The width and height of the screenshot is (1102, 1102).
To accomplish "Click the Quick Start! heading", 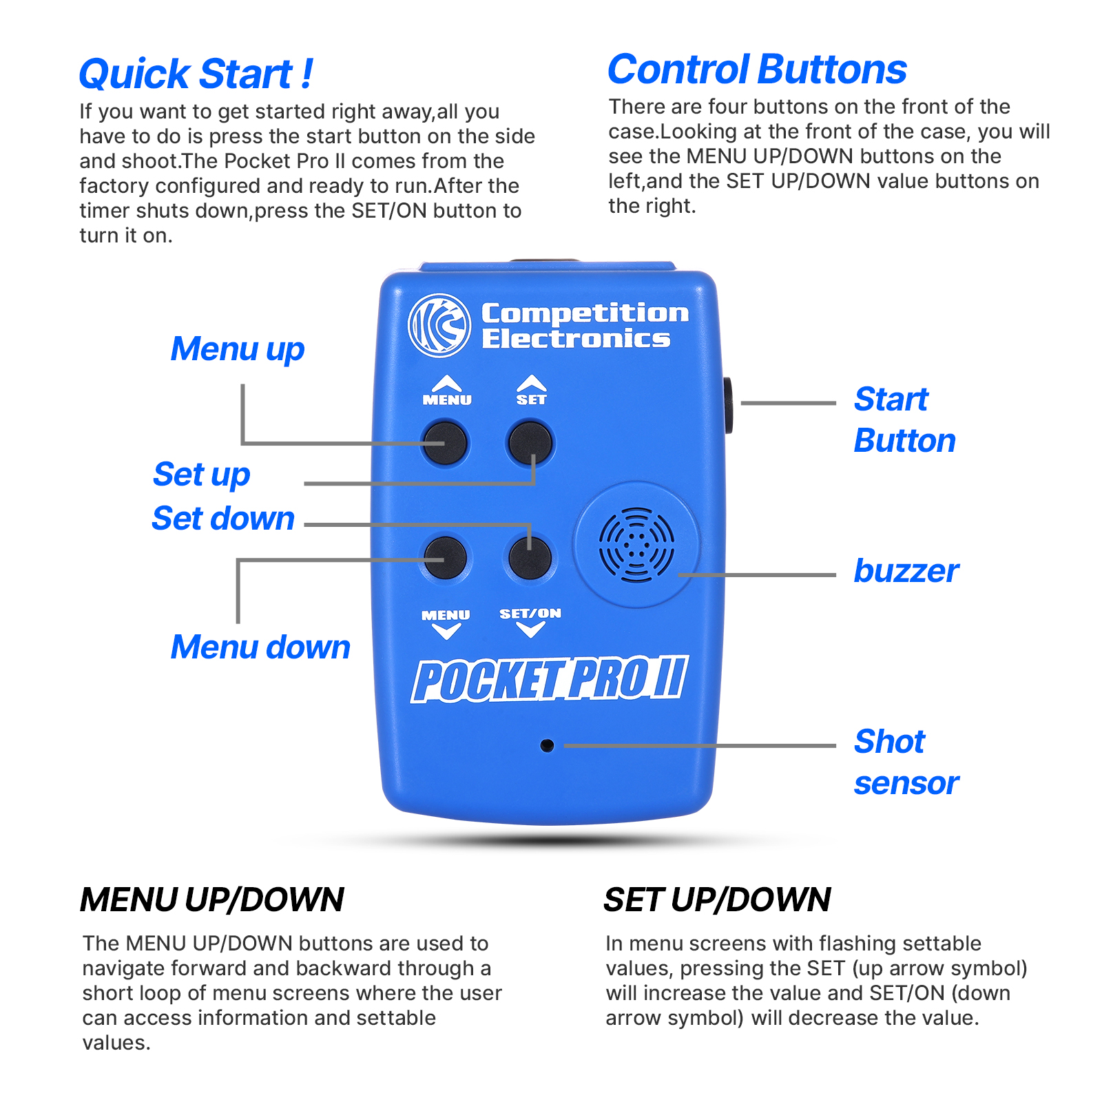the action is point(196,74).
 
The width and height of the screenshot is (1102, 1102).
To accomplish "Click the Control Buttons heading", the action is point(757,70).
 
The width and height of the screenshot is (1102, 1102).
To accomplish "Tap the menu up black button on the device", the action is point(445,443).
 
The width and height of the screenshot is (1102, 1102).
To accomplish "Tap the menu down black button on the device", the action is point(445,557).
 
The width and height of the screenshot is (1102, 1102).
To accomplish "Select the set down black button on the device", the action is point(529,557).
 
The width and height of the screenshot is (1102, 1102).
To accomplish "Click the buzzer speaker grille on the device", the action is point(636,545).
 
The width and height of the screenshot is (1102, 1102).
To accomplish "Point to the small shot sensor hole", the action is point(547,745).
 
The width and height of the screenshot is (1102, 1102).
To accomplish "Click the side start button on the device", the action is point(727,405).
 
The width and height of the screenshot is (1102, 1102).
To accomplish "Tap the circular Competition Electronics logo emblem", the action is point(439,325).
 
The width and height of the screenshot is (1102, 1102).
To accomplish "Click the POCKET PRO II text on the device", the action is point(550,679).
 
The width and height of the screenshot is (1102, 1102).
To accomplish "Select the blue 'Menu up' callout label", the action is point(238,350).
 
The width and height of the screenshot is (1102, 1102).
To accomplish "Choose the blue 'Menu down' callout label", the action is point(260,647).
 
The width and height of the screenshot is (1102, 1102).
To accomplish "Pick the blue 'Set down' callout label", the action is point(223,518).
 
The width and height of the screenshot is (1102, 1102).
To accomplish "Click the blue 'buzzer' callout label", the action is point(906,571).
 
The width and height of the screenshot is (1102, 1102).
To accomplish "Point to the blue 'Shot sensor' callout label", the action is point(906,762).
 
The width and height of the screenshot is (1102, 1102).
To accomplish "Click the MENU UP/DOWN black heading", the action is point(212,900).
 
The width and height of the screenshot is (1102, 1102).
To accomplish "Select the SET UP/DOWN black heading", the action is point(718,900).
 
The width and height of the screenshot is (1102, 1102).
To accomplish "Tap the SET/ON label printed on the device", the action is point(530,613).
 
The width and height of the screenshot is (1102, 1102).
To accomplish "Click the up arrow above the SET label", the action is point(532,383).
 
